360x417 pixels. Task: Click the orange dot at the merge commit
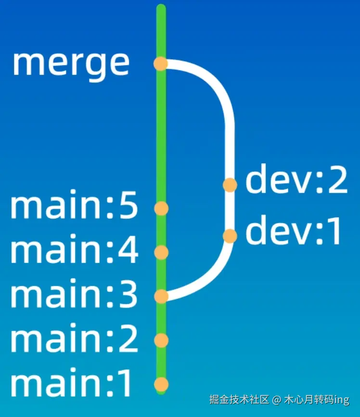click(160, 64)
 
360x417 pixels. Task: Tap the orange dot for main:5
click(161, 208)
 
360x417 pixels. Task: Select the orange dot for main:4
click(161, 252)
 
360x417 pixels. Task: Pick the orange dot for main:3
click(161, 296)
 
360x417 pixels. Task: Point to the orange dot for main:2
click(161, 340)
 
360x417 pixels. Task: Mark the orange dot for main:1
click(161, 385)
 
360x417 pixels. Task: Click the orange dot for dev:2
click(230, 185)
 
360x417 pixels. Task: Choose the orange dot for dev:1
click(230, 236)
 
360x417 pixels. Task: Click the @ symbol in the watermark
click(276, 400)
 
